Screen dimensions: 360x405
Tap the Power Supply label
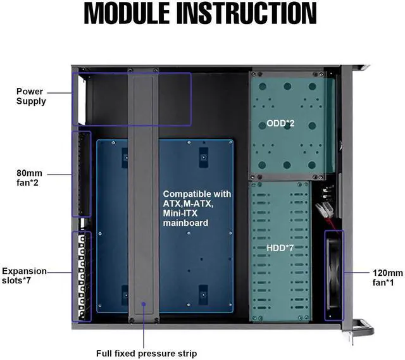click(31, 96)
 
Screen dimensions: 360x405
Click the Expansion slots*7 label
click(25, 276)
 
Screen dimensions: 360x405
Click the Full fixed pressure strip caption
click(146, 352)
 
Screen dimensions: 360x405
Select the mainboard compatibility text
click(197, 208)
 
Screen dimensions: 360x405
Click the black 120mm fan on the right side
click(333, 275)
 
